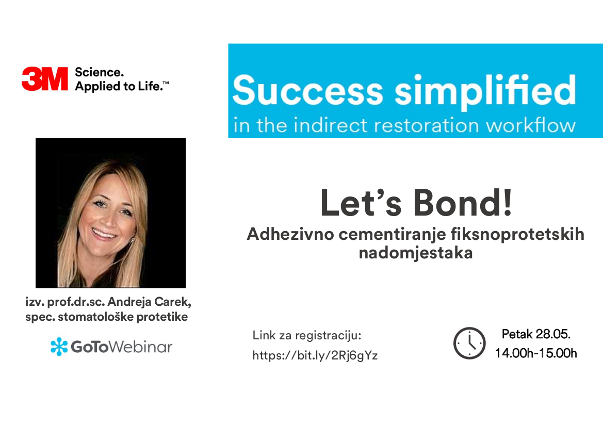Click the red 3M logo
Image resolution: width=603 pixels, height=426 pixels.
[45, 79]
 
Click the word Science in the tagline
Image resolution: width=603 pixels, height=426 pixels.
[99, 72]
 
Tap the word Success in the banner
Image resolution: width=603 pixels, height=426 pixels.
[307, 91]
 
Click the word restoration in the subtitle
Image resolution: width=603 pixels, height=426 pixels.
[426, 126]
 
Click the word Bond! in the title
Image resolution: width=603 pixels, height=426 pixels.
[463, 203]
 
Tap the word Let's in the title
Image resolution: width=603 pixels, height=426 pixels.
[361, 203]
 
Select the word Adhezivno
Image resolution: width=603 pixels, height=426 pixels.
[290, 234]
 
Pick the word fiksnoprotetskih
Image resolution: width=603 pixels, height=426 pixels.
[517, 235]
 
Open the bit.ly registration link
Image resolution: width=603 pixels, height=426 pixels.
[315, 355]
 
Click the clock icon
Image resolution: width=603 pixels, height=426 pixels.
[469, 343]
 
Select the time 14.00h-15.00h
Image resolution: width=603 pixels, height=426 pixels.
[536, 353]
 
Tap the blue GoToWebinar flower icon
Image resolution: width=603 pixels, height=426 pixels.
[59, 347]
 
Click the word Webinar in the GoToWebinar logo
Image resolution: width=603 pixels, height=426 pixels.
[141, 347]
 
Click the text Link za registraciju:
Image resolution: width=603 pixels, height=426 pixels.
[307, 336]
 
